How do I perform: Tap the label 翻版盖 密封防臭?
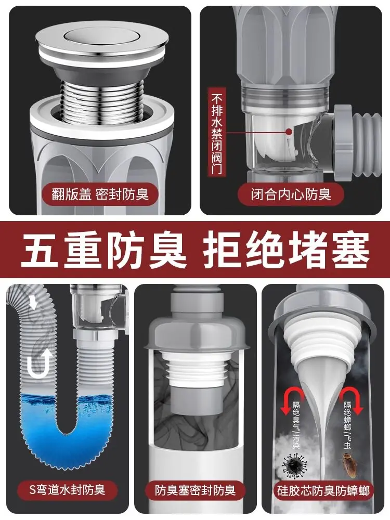[100, 194]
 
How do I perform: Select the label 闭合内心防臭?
[291, 194]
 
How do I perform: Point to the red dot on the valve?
[289, 132]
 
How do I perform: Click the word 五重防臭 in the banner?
[103, 250]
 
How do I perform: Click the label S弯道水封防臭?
[67, 490]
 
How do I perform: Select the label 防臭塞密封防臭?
[195, 490]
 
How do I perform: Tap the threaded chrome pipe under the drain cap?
[103, 99]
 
